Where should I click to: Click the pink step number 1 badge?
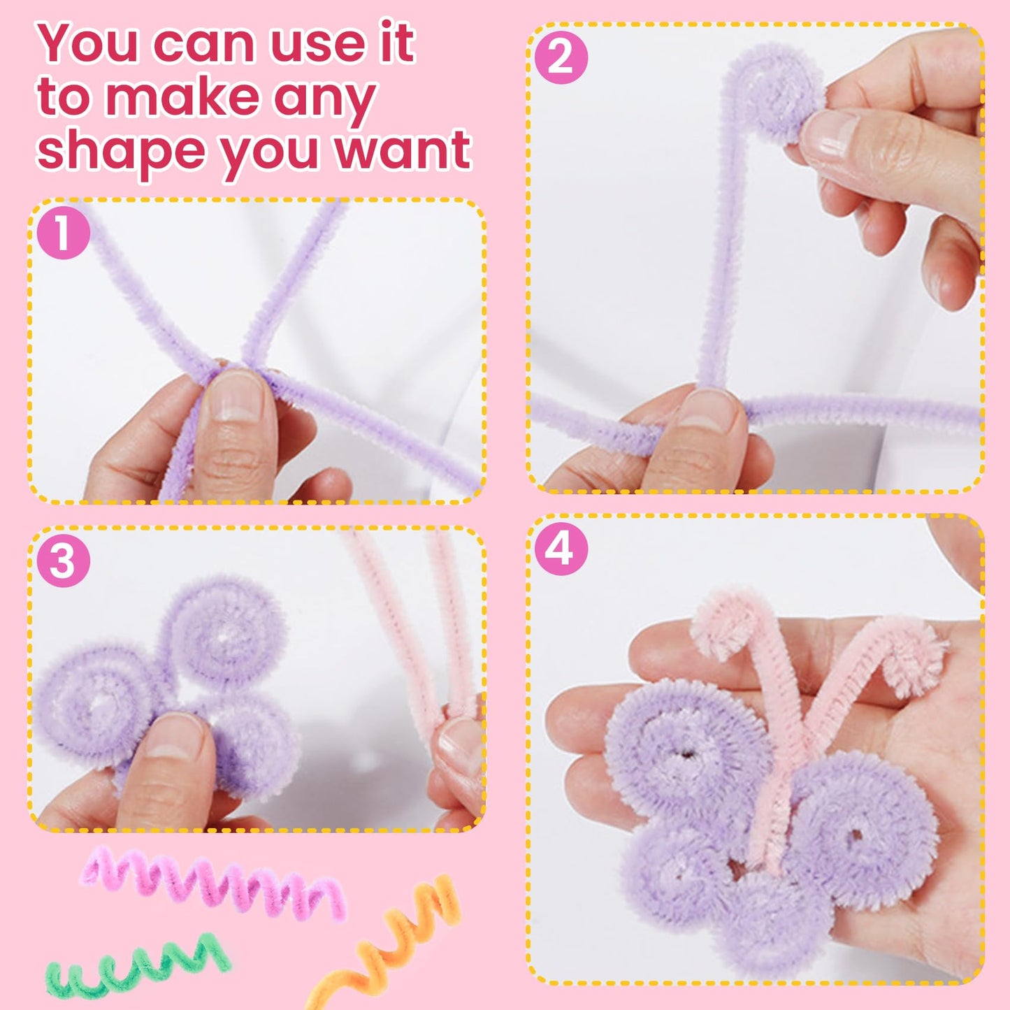tap(63, 233)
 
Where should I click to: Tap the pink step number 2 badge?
tap(561, 57)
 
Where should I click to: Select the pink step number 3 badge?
tap(63, 561)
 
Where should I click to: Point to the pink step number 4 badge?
tap(561, 549)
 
